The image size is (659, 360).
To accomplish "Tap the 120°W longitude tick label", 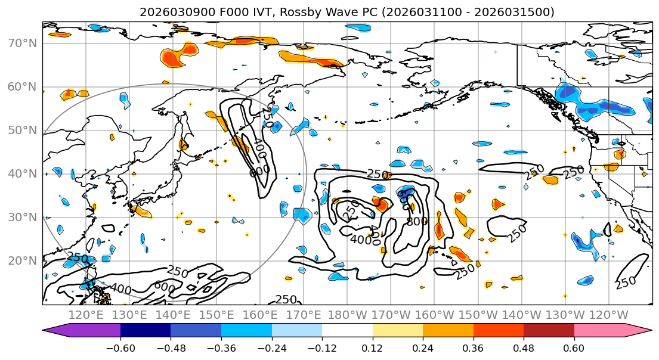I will click(608, 315).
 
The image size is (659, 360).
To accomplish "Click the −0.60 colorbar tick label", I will click(120, 346).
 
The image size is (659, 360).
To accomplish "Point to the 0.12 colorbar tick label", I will click(373, 346).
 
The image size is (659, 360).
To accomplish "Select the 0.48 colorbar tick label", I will click(524, 346).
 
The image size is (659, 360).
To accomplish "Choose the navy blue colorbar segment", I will click(146, 331).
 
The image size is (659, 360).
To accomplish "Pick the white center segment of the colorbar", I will click(347, 331).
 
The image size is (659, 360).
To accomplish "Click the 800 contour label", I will click(417, 221).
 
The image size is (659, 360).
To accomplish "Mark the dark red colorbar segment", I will click(549, 331).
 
